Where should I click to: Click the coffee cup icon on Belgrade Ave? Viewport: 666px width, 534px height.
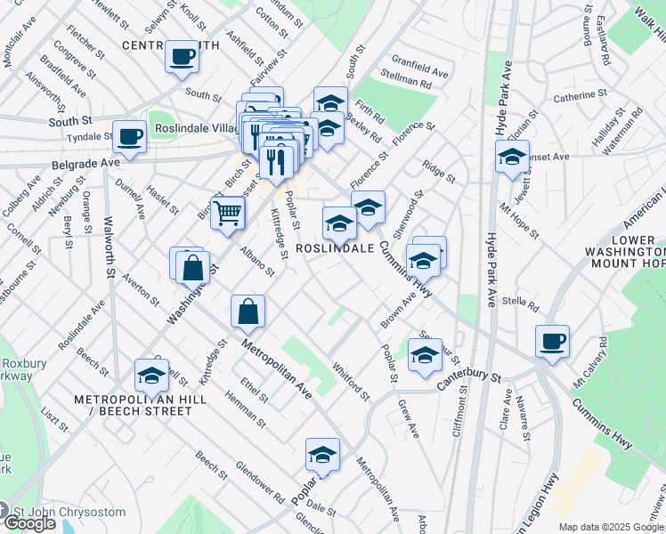coord(129,138)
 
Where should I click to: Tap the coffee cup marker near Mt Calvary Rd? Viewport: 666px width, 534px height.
coord(552,341)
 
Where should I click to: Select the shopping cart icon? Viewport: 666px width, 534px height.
coord(228,213)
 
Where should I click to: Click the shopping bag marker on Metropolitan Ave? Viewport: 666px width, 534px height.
coord(248,312)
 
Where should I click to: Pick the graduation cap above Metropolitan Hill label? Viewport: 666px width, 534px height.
coord(151,376)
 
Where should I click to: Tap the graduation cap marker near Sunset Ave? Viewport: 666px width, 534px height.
coord(512,158)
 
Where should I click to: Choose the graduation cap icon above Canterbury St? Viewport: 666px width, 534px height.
coord(425,355)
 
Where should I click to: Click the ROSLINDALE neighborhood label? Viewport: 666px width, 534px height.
coord(334,249)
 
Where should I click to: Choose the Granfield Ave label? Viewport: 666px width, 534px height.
coord(425,69)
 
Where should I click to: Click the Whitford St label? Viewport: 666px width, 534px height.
coord(349,379)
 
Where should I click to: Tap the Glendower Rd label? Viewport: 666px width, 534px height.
coord(259,481)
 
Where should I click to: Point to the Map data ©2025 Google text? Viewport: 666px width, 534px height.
coord(611,526)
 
